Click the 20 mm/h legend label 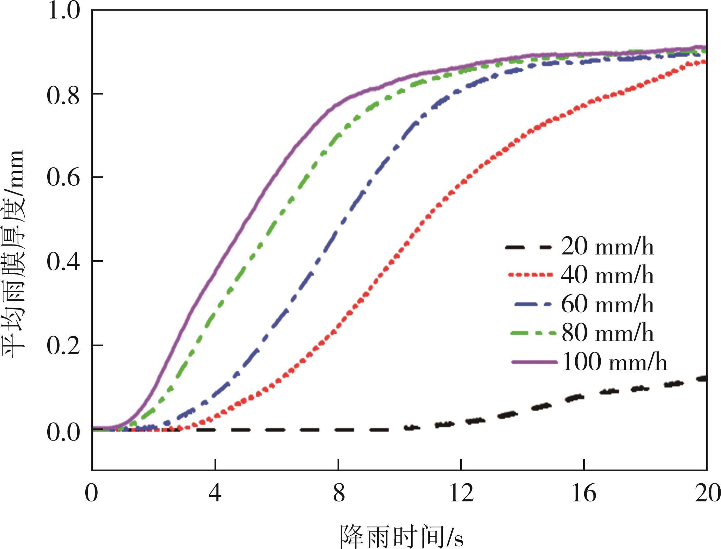(607, 247)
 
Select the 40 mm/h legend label (607, 275)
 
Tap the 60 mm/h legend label (607, 304)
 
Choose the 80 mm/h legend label (607, 333)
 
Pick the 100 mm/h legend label (614, 362)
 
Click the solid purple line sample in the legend (534, 362)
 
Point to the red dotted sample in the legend (530, 275)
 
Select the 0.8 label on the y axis (64, 95)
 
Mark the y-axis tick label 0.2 (64, 346)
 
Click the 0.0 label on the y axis (64, 432)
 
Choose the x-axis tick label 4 (215, 493)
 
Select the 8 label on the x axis (339, 493)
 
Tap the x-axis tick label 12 (461, 493)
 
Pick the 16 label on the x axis (584, 493)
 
